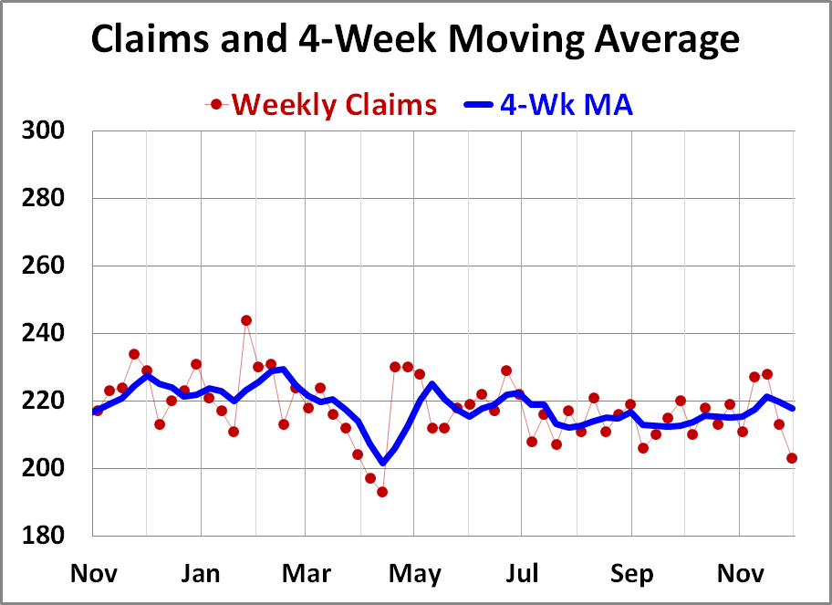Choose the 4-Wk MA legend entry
click(566, 105)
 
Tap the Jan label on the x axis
click(200, 574)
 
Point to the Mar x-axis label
click(307, 574)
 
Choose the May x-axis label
click(414, 574)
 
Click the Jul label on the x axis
click(521, 574)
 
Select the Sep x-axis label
click(631, 574)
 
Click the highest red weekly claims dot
click(246, 320)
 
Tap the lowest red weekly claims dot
click(382, 492)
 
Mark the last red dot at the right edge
click(792, 458)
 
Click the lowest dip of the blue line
click(382, 463)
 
